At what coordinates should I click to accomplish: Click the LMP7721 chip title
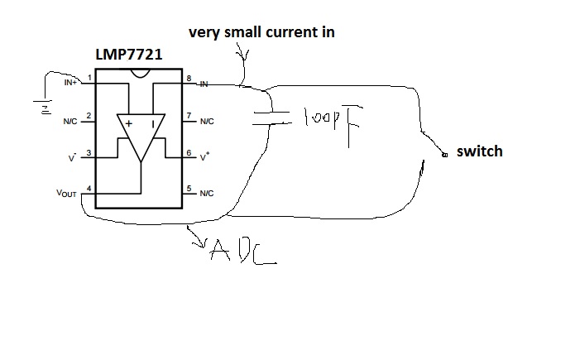[x=129, y=56]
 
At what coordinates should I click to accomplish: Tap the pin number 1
[x=89, y=78]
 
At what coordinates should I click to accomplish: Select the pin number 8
[x=189, y=78]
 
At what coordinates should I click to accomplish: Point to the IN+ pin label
[x=70, y=84]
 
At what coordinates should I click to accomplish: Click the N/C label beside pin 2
[x=71, y=121]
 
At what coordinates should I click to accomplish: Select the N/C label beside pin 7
[x=206, y=121]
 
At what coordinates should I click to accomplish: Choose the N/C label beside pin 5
[x=206, y=194]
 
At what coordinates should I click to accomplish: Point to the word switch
[x=479, y=151]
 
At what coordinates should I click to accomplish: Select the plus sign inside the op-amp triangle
[x=129, y=124]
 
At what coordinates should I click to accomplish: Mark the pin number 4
[x=89, y=188]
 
